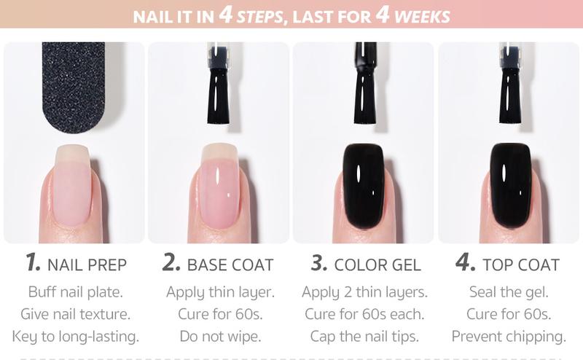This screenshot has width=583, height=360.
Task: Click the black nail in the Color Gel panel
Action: click(363, 186)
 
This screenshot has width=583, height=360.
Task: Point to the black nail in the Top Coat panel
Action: click(510, 186)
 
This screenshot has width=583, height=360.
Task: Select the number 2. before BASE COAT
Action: click(172, 263)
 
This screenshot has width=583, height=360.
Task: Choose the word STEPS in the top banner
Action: click(255, 15)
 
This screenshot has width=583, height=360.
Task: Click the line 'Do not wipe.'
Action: click(219, 336)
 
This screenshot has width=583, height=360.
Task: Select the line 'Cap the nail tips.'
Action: click(364, 336)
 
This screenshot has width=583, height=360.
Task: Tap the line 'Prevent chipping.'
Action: click(509, 336)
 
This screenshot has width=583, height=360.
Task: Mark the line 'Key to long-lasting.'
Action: click(75, 336)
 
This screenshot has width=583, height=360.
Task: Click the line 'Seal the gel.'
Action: click(509, 292)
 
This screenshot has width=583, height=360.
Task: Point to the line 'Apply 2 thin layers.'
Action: click(364, 292)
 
